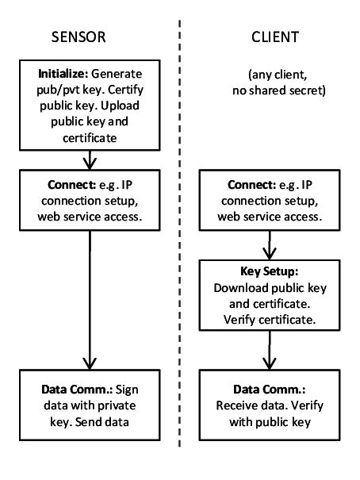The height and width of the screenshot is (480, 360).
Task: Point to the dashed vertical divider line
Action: pos(181,238)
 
